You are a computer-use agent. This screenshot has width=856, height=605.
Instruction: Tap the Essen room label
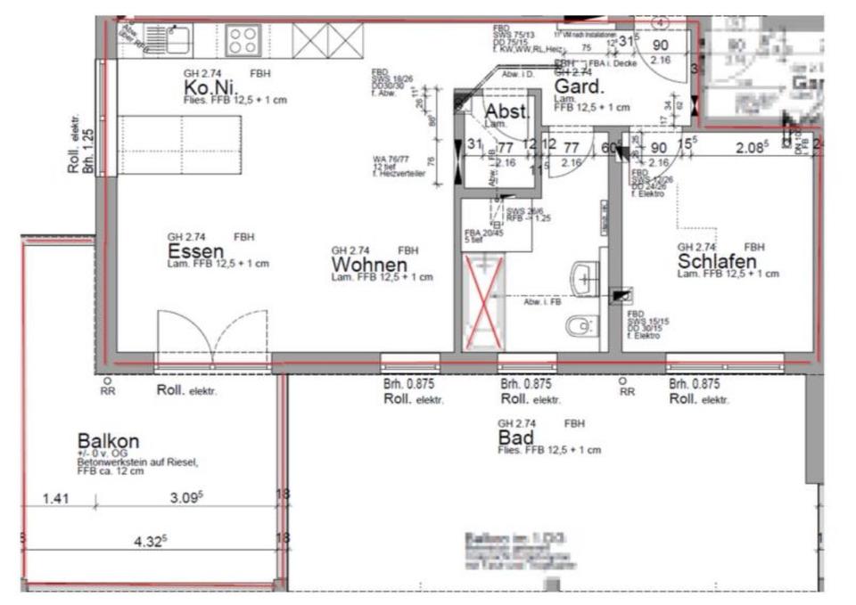(194, 252)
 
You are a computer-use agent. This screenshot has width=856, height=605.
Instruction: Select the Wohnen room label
(369, 265)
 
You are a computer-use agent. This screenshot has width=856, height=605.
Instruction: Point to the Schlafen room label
(717, 261)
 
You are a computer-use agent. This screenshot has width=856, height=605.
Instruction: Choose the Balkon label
(108, 441)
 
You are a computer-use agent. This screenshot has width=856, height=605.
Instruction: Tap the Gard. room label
(580, 86)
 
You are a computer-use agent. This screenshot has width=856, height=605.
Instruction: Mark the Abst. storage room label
(506, 112)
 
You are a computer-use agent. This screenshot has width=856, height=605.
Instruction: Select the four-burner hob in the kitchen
(242, 40)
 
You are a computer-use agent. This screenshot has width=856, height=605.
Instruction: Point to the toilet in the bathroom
(580, 327)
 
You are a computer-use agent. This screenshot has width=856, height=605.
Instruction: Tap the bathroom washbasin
(585, 278)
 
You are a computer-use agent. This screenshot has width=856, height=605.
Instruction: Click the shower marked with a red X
(483, 300)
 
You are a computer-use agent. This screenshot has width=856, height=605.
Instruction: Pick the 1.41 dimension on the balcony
(56, 499)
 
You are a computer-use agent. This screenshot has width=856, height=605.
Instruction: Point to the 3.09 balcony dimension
(186, 499)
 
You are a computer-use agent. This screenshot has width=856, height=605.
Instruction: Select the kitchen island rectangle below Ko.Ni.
(183, 144)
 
